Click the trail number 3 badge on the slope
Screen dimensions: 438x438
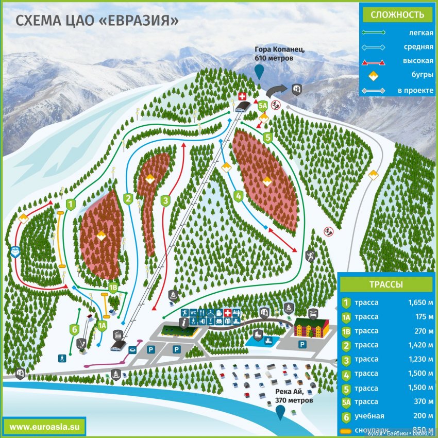[165, 200]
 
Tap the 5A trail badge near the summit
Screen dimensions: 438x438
[263, 106]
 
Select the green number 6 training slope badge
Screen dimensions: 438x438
[75, 329]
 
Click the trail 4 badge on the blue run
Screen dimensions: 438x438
[238, 196]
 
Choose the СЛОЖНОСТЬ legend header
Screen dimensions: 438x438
[397, 14]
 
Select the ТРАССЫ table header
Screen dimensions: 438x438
[386, 284]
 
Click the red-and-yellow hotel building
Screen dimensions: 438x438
[311, 327]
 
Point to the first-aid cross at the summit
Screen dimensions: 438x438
[242, 96]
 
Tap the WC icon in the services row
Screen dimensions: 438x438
[193, 313]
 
